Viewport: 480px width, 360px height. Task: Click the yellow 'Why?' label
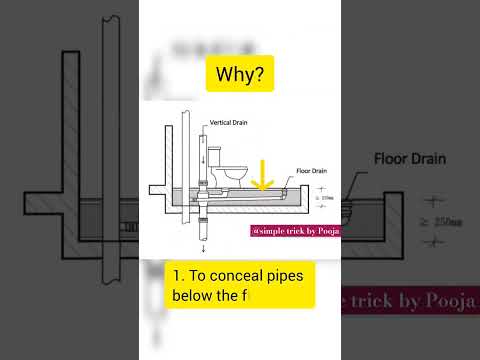coord(240,75)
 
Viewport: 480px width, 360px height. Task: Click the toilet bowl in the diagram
coord(236,176)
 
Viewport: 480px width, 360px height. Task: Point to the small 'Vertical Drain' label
coord(228,122)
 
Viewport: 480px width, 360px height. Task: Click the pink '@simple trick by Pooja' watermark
coord(296,231)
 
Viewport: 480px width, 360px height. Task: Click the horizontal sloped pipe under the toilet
coord(250,194)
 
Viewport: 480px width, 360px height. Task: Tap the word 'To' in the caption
coord(196,274)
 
